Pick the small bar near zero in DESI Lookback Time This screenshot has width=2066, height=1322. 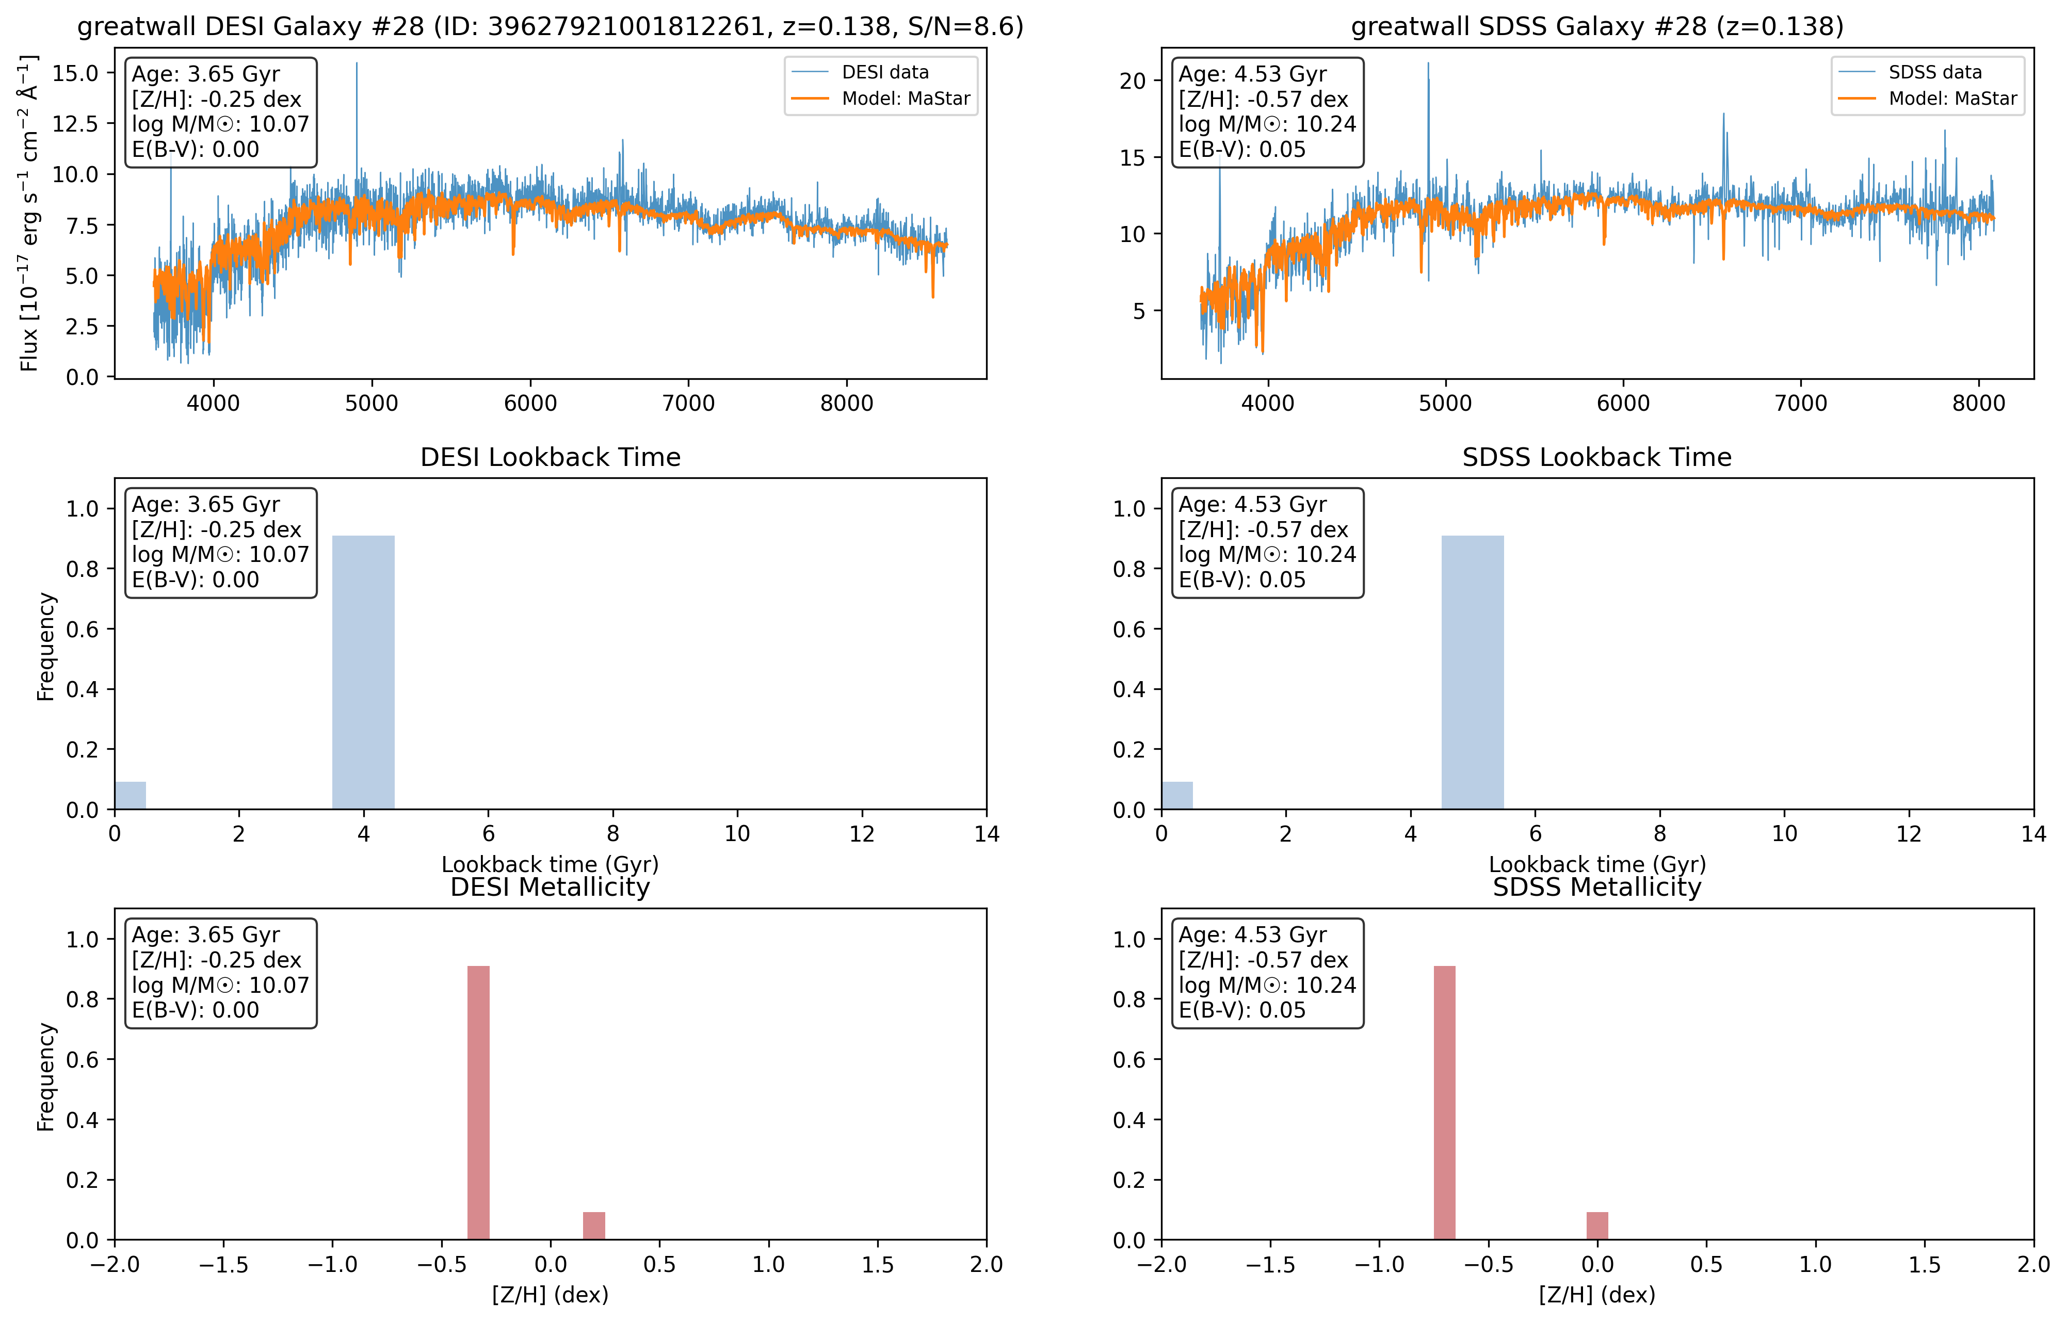(x=130, y=795)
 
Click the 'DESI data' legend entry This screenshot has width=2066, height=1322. (x=884, y=72)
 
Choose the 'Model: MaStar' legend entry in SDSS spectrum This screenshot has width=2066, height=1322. (x=1952, y=99)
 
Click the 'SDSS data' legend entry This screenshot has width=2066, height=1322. (x=1934, y=72)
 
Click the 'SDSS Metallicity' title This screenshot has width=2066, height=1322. (x=1596, y=887)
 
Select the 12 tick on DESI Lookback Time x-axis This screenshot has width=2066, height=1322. (x=862, y=833)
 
